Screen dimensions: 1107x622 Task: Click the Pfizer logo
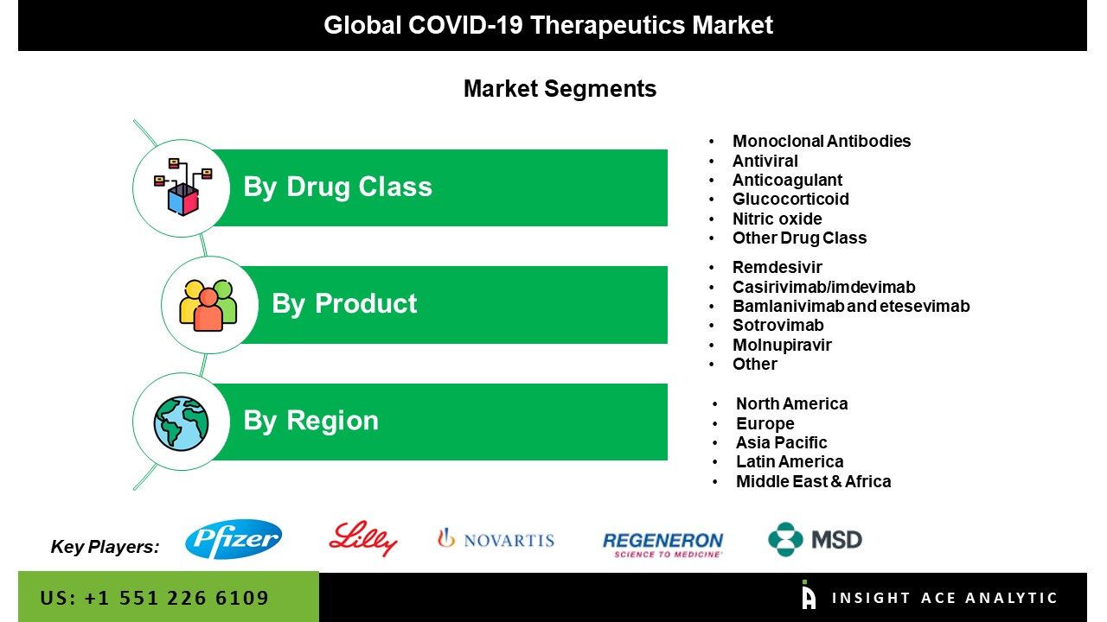tap(234, 539)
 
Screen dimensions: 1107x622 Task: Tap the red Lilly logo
tap(363, 538)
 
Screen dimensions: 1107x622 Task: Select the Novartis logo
tap(496, 539)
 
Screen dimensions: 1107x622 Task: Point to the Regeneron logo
tap(662, 545)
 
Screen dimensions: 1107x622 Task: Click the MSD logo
tap(815, 540)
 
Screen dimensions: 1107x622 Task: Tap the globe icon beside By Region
tap(181, 423)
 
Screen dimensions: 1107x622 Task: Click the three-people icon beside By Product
tap(208, 305)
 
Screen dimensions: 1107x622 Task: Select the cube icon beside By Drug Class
tap(182, 187)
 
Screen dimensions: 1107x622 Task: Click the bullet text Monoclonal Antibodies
tap(822, 141)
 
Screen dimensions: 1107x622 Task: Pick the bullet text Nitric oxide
tap(777, 219)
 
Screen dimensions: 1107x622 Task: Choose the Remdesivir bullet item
tap(777, 267)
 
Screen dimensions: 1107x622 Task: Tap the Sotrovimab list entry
tap(777, 326)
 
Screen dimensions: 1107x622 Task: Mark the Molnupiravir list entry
tap(782, 345)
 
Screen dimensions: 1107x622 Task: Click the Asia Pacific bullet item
tap(781, 442)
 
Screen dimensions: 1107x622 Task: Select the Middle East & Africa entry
tap(814, 481)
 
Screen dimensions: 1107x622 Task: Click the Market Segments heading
tap(560, 89)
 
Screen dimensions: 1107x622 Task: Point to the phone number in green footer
tap(155, 598)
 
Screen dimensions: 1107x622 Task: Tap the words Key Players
tap(105, 547)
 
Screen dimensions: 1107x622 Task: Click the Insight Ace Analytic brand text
tap(944, 598)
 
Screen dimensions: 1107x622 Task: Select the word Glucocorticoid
tap(790, 199)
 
